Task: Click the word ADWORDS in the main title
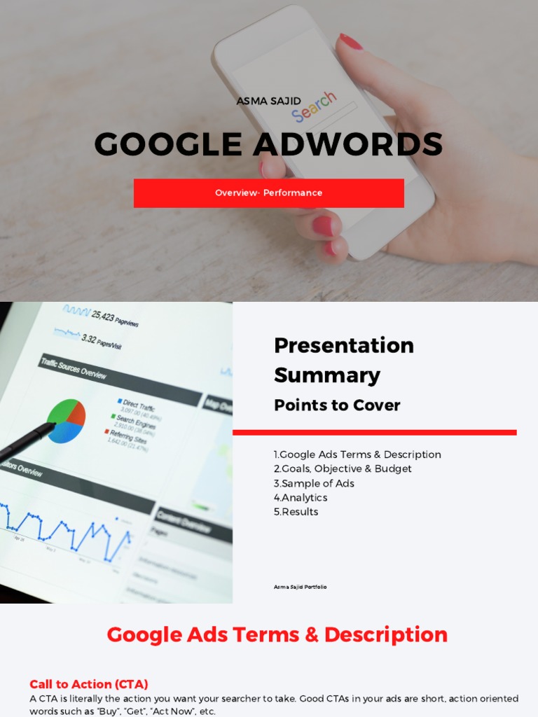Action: click(348, 145)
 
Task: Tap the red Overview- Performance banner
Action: click(268, 193)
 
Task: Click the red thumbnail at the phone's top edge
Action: click(350, 41)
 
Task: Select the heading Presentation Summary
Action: click(343, 360)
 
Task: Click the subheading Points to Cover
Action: click(337, 405)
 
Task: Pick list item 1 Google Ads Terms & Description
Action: click(357, 454)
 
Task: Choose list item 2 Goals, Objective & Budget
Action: click(343, 468)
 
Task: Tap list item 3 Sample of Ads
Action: click(314, 483)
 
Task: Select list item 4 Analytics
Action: click(301, 497)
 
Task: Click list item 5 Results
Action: click(296, 511)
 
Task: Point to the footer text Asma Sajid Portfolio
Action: click(300, 587)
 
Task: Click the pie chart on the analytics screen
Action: click(66, 421)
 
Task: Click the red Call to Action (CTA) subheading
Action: click(89, 684)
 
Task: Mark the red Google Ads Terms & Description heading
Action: click(277, 634)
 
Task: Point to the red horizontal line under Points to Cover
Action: click(374, 433)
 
